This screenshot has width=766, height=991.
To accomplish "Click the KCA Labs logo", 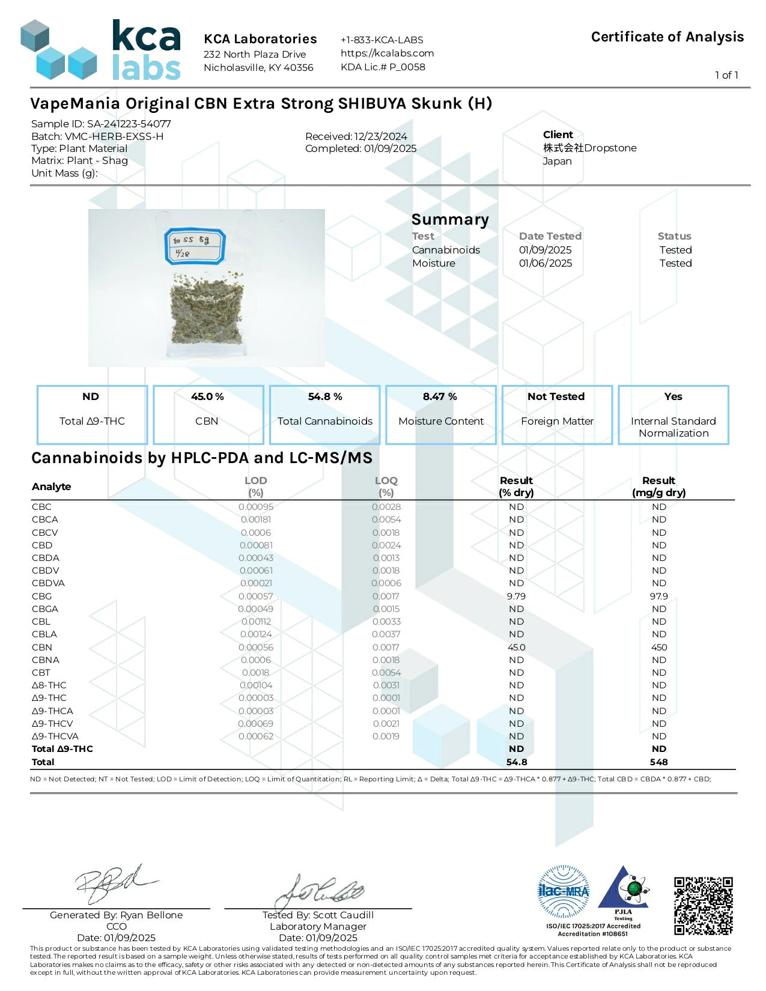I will (x=101, y=50).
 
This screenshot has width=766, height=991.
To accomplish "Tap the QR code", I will (x=704, y=906).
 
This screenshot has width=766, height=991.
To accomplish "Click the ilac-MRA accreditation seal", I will (x=563, y=891).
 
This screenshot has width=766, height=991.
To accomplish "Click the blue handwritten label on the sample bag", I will (x=195, y=246).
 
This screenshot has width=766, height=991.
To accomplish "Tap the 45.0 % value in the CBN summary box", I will (x=207, y=397).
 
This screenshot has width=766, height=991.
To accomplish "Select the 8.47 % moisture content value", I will (x=440, y=397).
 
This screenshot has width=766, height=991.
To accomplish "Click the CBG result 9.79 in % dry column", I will (x=516, y=596).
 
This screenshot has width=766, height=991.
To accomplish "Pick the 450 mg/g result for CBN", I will (x=659, y=647).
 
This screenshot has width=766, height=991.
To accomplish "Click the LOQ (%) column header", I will (x=386, y=486).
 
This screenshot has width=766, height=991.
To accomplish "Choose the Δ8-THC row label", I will (x=49, y=685).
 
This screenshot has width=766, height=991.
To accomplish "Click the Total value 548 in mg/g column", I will (x=658, y=762).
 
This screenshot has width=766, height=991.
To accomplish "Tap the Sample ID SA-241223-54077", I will (x=129, y=124).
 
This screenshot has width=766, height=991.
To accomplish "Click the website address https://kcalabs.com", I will (x=387, y=53).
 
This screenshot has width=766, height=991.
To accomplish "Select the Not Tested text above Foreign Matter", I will (x=556, y=397).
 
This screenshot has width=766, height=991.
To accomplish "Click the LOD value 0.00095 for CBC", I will (x=256, y=507).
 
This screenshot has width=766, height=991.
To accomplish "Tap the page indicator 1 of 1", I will (x=726, y=75).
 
